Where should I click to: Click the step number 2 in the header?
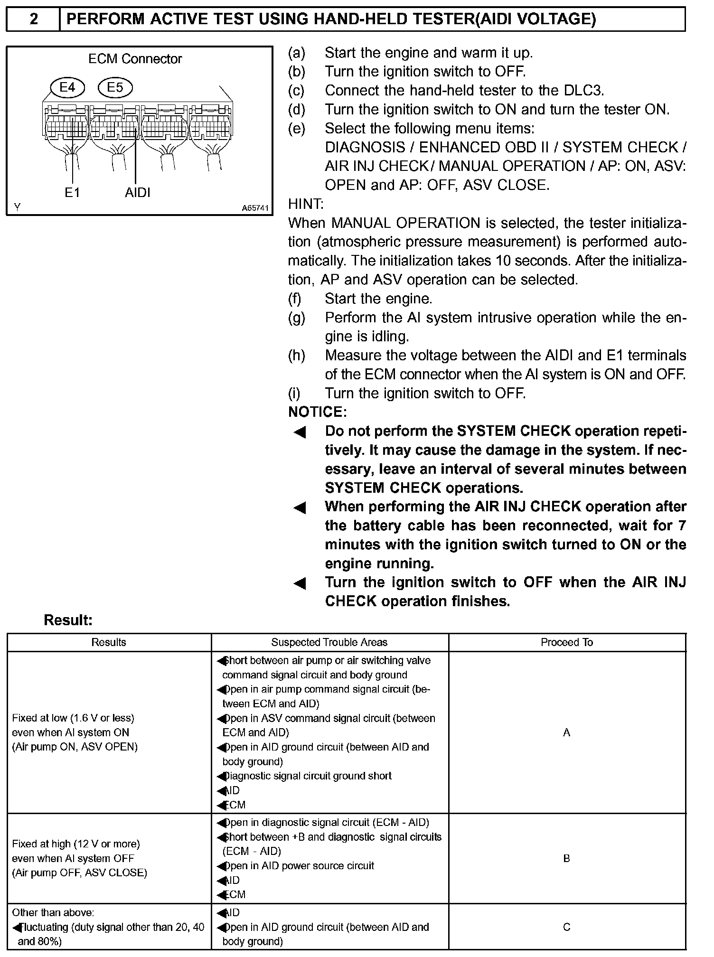(x=34, y=19)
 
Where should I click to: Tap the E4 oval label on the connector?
(x=67, y=87)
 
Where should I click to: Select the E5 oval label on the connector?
(x=115, y=87)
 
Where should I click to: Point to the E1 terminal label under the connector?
(x=72, y=192)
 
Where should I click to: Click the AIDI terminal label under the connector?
(x=138, y=192)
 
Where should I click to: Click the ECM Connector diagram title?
(x=135, y=59)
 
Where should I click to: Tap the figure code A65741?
(x=255, y=208)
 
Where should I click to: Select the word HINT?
(x=306, y=204)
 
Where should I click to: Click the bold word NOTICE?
(x=317, y=412)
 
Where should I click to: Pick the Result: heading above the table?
(x=68, y=620)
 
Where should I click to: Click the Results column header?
(x=109, y=642)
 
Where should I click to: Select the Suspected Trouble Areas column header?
(x=329, y=642)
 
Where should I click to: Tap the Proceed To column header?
(x=567, y=642)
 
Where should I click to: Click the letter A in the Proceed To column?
(x=566, y=732)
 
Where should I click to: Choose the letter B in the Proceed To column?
(x=566, y=858)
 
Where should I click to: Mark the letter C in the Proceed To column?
(x=566, y=927)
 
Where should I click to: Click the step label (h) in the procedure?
(x=296, y=356)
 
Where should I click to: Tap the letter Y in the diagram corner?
(x=17, y=207)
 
